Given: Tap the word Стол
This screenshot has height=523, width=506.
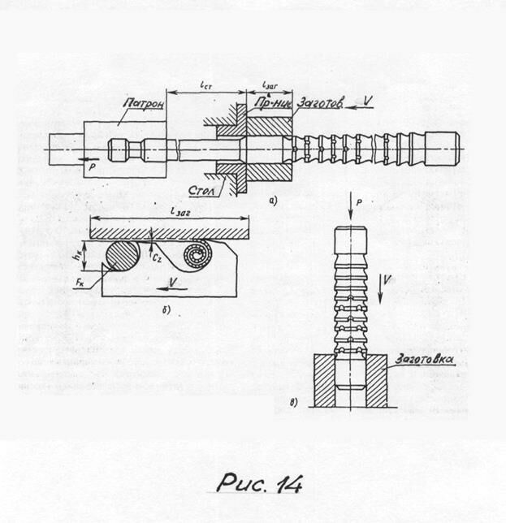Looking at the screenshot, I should [x=199, y=189].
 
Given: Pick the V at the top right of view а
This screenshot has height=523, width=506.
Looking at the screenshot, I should [x=369, y=101].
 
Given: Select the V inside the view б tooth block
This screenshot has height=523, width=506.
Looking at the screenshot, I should [x=174, y=283].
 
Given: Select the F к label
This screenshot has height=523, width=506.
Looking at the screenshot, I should [x=80, y=283].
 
